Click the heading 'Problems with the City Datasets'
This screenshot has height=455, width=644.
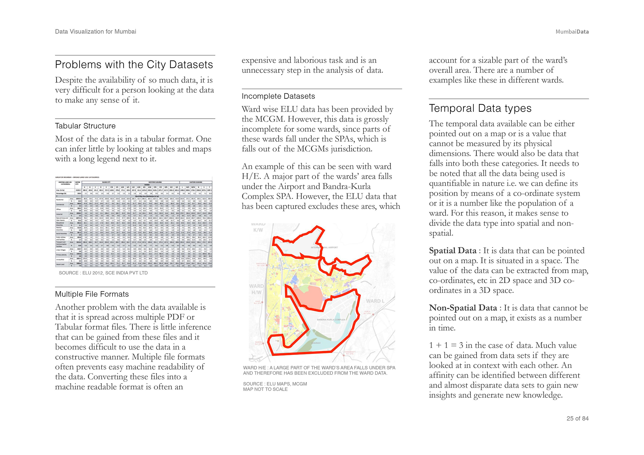point(134,65)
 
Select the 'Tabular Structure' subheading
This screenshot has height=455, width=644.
point(85,126)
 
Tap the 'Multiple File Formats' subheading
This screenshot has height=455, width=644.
point(92,294)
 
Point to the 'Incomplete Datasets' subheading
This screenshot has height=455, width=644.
point(278,96)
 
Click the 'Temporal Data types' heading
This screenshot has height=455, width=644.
point(480,108)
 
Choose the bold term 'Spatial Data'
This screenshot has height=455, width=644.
point(452,251)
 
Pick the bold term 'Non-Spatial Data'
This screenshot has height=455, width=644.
point(463,308)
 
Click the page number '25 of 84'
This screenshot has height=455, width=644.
point(577,418)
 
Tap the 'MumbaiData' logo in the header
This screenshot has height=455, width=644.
point(572,32)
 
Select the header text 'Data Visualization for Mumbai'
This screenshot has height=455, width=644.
point(96,32)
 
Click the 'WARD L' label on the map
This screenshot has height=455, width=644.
point(375,301)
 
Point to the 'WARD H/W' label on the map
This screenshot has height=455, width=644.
point(256,289)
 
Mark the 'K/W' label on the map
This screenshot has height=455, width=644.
point(258,230)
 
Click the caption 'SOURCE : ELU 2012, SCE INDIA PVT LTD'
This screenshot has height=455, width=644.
point(103,273)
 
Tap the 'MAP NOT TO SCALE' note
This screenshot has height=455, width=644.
point(265,389)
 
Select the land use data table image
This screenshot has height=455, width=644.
point(134,222)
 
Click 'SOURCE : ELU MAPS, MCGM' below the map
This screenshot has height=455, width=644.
point(275,384)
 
